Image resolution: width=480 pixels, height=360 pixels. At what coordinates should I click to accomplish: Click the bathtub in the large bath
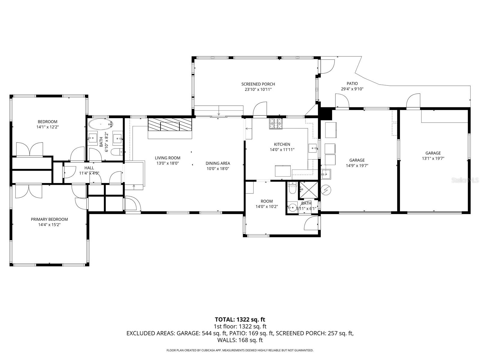click(101, 124)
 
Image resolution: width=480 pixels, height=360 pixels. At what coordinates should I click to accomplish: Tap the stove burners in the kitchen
click(276, 124)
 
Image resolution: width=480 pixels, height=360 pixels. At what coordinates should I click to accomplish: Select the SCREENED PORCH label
click(258, 84)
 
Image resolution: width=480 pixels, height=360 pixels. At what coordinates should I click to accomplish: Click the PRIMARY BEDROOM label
click(49, 219)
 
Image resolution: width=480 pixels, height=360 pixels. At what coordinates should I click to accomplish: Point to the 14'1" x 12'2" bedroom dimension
click(47, 127)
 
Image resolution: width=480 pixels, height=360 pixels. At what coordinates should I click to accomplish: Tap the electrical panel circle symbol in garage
click(326, 190)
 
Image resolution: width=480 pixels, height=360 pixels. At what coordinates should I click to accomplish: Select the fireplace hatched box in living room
click(170, 124)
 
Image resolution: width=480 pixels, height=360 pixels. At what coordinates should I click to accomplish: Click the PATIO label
click(352, 83)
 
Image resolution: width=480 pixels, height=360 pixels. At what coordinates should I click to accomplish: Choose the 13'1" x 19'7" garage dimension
click(433, 158)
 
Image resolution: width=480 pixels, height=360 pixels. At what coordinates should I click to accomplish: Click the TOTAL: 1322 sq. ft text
click(240, 319)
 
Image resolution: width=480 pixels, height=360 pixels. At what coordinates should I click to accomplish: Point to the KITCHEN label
click(282, 144)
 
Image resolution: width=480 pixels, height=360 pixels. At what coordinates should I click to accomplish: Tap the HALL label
click(89, 168)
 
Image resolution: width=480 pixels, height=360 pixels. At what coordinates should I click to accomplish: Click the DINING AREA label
click(218, 163)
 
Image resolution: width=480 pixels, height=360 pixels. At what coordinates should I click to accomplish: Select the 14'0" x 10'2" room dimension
click(267, 206)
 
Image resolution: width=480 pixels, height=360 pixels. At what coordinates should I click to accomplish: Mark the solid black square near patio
click(326, 114)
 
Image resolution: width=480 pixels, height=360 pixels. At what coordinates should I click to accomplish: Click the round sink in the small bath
click(292, 207)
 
